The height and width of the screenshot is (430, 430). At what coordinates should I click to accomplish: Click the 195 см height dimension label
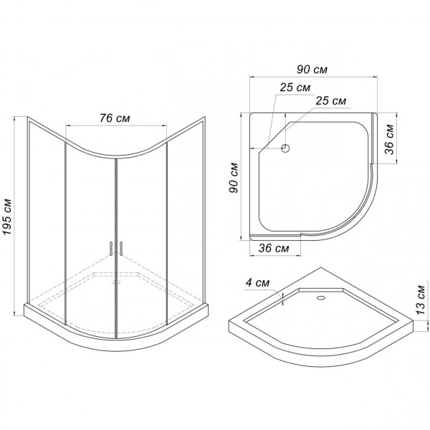(x=7, y=216)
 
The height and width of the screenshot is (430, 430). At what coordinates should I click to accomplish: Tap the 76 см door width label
(x=115, y=118)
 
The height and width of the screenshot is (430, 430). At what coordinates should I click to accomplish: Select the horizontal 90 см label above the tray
(x=312, y=70)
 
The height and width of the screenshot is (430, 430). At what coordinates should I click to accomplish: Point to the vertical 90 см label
(x=234, y=178)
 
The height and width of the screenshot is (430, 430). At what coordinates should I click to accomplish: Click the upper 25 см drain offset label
(x=295, y=87)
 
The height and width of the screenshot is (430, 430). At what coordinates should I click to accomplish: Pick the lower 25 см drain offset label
(x=330, y=101)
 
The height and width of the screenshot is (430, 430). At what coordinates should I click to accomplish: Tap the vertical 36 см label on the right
(x=390, y=139)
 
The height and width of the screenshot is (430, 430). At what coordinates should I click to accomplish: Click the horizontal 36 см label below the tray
(x=274, y=248)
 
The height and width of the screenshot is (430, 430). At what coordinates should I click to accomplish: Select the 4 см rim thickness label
(x=257, y=283)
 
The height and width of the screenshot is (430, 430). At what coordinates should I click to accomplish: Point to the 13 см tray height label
(x=421, y=300)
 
